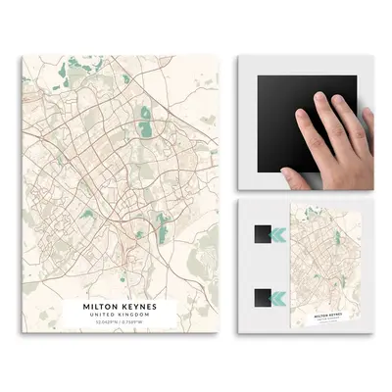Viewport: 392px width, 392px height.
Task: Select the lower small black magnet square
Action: pos(261,297)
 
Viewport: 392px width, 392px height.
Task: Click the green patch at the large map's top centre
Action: pos(124,76)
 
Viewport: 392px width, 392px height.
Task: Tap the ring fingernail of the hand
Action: pos(342,101)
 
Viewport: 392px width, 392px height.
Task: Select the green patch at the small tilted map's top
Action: pos(313,213)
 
